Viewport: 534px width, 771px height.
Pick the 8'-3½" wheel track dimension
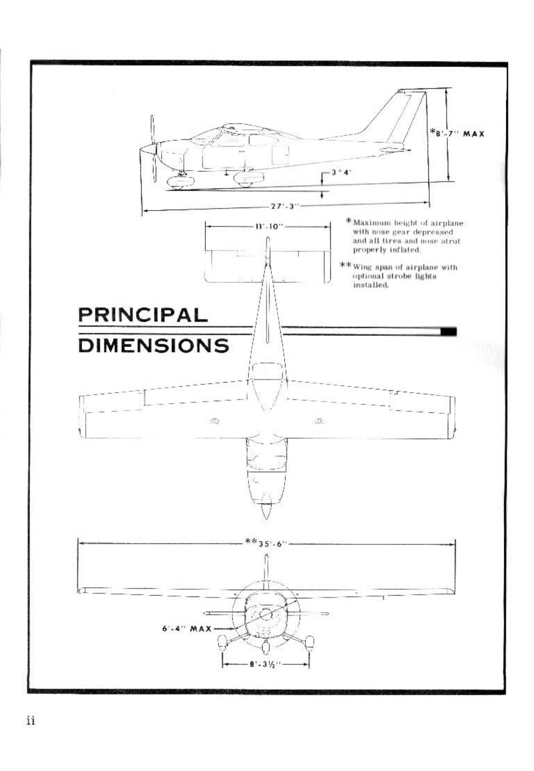pyautogui.click(x=266, y=663)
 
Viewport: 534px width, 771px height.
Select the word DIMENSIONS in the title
pyautogui.click(x=153, y=345)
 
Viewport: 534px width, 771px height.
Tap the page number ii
pyautogui.click(x=31, y=721)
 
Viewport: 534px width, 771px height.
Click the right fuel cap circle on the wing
pyautogui.click(x=320, y=421)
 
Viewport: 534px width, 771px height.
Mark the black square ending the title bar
pyautogui.click(x=448, y=331)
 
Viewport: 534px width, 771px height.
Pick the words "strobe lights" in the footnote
pyautogui.click(x=404, y=276)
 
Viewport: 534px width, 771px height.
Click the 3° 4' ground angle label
pyautogui.click(x=337, y=172)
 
